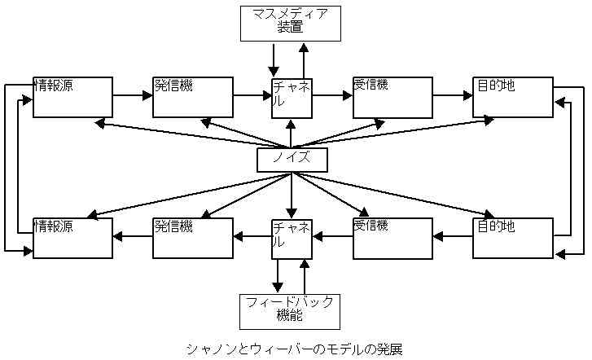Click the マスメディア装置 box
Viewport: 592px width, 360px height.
click(291, 23)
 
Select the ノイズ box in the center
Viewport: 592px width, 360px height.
click(292, 160)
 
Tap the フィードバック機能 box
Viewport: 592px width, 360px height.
click(290, 311)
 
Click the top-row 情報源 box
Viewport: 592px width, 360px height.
click(72, 97)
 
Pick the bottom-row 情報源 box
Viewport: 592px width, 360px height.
click(72, 238)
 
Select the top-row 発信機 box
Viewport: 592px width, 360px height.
click(193, 97)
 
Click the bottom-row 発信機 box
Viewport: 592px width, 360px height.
click(193, 238)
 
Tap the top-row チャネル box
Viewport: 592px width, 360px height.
click(292, 99)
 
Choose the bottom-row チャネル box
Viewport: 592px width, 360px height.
click(292, 239)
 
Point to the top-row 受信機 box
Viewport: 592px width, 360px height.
click(392, 97)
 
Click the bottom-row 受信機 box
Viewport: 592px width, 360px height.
click(392, 238)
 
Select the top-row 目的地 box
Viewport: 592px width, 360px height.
click(513, 97)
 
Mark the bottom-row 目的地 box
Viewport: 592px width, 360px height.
click(513, 238)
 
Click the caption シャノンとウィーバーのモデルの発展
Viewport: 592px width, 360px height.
click(295, 349)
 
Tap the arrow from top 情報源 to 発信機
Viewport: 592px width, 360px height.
click(133, 95)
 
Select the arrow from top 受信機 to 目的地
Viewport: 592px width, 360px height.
click(453, 95)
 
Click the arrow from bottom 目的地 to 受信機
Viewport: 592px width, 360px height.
click(453, 237)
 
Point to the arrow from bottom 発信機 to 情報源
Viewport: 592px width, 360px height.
click(133, 237)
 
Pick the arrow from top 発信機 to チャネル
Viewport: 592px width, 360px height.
click(252, 95)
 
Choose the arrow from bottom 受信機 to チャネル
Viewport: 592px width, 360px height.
click(332, 237)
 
